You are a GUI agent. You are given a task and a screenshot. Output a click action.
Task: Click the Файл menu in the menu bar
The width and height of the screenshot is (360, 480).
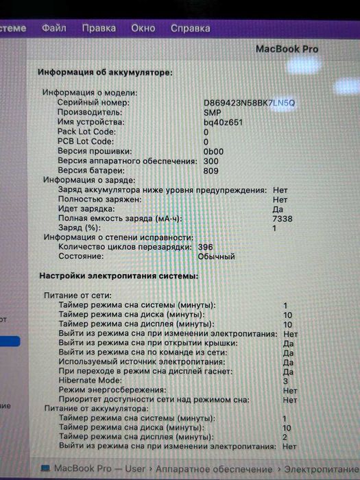(x=53, y=29)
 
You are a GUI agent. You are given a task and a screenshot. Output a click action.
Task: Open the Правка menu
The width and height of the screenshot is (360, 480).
(x=99, y=29)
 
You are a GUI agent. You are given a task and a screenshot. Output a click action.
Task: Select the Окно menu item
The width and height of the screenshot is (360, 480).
(x=143, y=29)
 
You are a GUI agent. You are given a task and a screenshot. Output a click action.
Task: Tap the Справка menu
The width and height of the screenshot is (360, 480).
(x=190, y=29)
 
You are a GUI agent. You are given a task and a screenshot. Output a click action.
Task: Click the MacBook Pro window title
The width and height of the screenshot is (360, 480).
(x=287, y=49)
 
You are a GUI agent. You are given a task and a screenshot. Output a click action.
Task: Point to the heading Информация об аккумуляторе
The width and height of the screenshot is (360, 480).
(x=105, y=72)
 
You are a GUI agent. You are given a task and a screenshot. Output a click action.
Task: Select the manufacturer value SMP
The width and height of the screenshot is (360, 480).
(x=213, y=112)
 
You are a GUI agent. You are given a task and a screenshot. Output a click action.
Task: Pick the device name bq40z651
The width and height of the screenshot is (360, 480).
(x=223, y=121)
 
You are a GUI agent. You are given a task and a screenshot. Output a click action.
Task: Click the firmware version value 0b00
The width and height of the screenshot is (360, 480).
(x=213, y=151)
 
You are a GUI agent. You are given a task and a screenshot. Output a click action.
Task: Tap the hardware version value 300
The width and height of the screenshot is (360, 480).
(x=211, y=160)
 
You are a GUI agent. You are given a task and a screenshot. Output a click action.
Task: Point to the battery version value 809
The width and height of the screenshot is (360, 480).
(x=211, y=170)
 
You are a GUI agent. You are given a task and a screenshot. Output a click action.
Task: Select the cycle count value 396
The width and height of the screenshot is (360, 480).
(x=205, y=247)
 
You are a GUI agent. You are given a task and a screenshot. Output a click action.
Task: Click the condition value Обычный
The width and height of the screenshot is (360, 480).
(x=216, y=256)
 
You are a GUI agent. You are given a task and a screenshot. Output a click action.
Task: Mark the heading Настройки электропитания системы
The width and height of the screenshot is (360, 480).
(x=119, y=276)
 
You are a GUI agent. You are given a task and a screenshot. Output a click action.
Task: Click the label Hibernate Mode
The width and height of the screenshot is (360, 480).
(x=91, y=380)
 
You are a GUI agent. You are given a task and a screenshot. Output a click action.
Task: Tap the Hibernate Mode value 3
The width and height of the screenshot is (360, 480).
(x=285, y=380)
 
